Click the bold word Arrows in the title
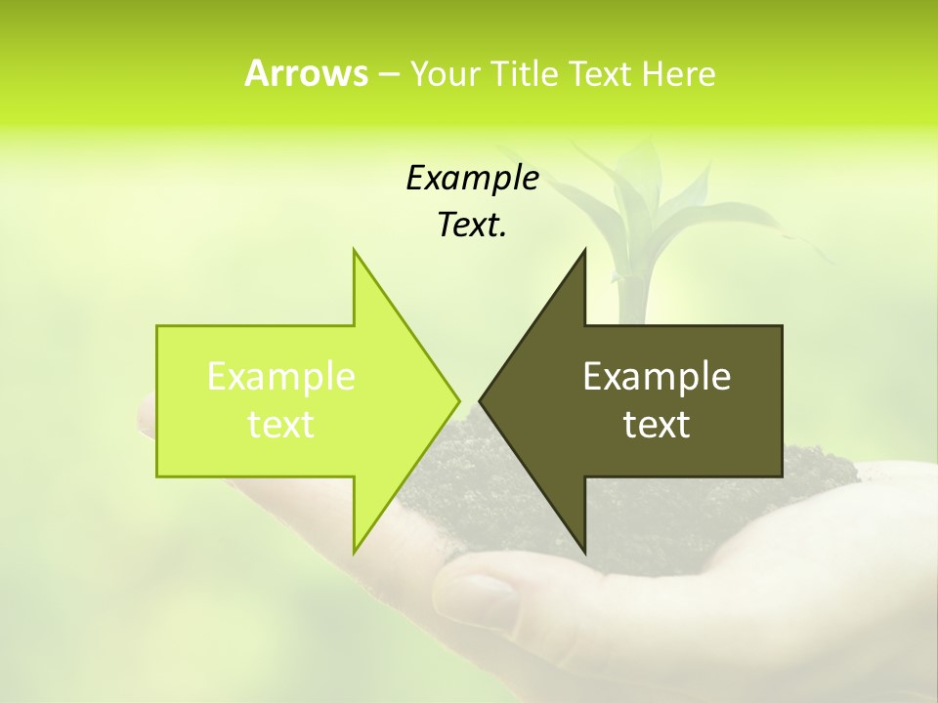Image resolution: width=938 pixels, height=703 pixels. click(306, 73)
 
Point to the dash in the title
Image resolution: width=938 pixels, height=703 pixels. click(388, 73)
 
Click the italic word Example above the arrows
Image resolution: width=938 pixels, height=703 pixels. click(472, 178)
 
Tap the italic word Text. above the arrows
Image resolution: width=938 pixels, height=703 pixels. click(472, 225)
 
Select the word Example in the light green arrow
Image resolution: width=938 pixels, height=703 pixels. click(280, 377)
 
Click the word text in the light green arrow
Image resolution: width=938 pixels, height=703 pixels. click(280, 424)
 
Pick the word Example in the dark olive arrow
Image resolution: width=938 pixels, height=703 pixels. click(657, 377)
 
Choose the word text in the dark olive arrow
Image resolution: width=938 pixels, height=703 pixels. click(657, 424)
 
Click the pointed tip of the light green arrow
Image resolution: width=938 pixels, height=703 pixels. click(458, 400)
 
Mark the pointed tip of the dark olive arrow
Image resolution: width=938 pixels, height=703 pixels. click(481, 400)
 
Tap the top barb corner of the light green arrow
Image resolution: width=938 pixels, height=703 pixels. click(355, 251)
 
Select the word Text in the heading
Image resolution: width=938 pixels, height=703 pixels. click(598, 73)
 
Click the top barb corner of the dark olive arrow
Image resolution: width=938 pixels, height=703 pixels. click(584, 251)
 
